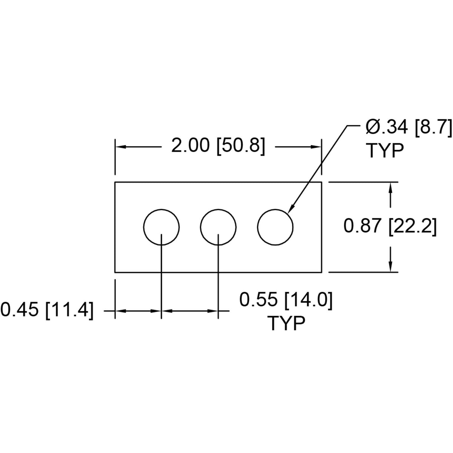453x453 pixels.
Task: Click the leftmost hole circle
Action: click(143, 227)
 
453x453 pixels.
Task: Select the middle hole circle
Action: click(200, 227)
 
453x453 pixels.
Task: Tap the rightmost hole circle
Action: click(257, 227)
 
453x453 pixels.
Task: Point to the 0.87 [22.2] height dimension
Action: click(390, 227)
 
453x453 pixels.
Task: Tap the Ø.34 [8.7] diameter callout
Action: click(408, 128)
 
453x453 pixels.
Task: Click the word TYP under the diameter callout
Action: click(385, 151)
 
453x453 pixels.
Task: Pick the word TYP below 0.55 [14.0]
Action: click(286, 324)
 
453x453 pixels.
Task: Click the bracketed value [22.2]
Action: click(413, 227)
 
